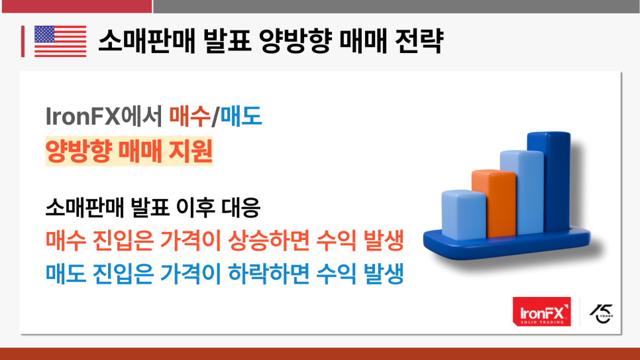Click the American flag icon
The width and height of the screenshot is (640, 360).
pos(60,41)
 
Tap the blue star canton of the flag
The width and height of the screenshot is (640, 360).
pos(44,34)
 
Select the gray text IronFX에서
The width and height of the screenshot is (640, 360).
pos(104,116)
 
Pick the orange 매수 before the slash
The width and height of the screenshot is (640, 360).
pos(189,116)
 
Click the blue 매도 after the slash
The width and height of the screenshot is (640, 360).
pos(240,116)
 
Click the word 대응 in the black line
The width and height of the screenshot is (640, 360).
pos(240,207)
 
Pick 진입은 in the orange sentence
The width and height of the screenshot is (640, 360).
pos(123,240)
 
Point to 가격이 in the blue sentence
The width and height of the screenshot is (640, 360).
pos(191,274)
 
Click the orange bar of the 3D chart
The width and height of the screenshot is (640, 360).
pos(494,203)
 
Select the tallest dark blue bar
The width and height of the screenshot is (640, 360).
pos(549,182)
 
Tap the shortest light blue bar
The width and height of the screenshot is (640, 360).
pos(464,215)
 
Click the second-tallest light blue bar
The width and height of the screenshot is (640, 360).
pos(522,192)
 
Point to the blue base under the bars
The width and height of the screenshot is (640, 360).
pos(507,245)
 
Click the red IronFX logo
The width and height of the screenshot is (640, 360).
pos(542,312)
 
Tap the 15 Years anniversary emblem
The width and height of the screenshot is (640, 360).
pos(602,314)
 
